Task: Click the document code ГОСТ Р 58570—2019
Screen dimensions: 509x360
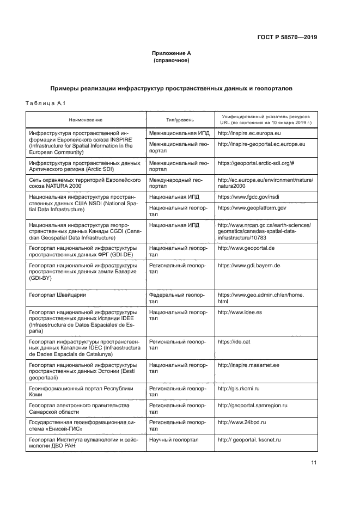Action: click(x=287, y=38)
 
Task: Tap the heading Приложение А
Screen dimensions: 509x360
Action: click(x=171, y=53)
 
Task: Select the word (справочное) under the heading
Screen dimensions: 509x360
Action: click(x=171, y=60)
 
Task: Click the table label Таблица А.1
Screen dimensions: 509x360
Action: click(x=46, y=103)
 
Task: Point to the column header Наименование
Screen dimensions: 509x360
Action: click(x=86, y=119)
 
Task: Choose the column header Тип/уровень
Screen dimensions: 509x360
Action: click(x=180, y=119)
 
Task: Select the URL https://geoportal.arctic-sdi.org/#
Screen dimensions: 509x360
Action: click(x=255, y=163)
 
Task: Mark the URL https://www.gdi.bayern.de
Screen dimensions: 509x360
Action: click(x=249, y=265)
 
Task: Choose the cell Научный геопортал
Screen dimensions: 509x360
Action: click(x=174, y=439)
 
